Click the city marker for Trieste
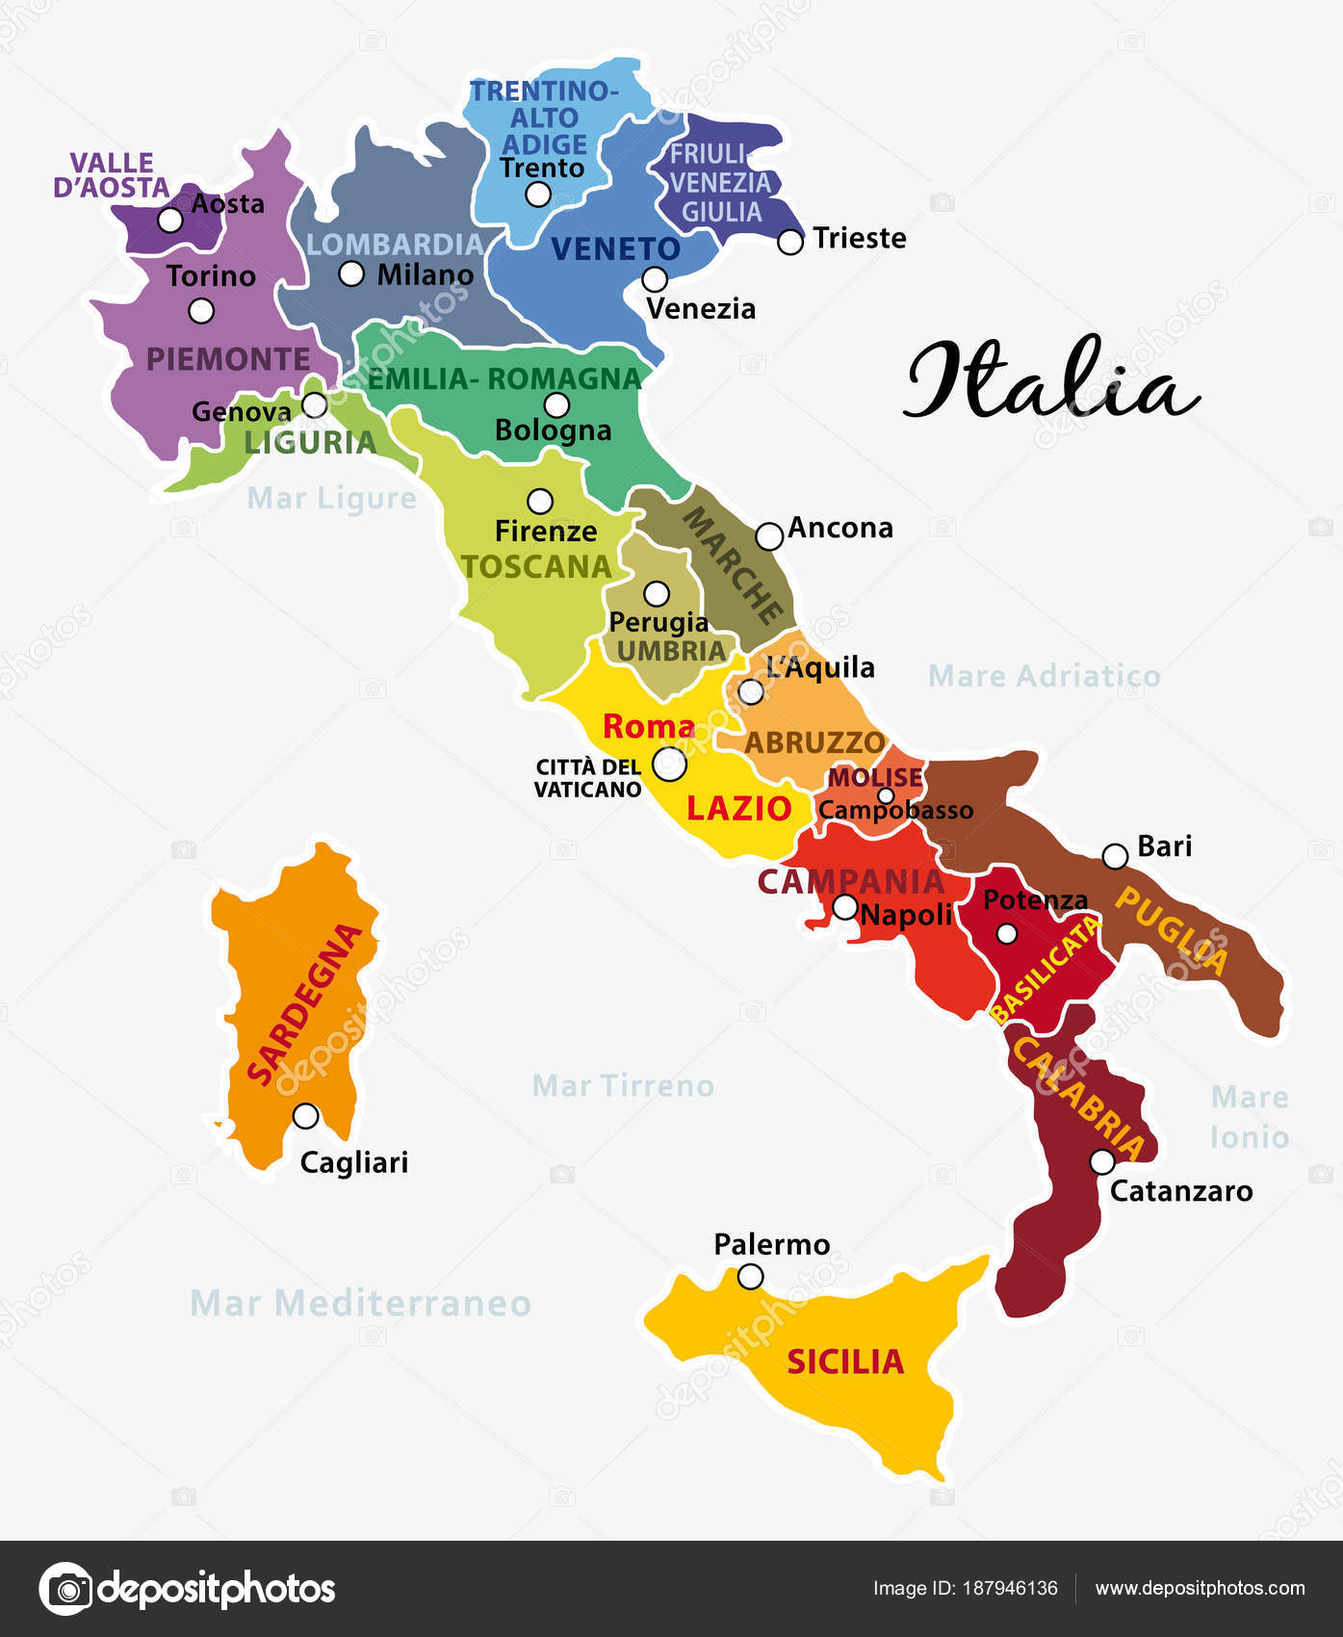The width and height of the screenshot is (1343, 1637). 789,242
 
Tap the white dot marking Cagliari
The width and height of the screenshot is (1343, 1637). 305,1116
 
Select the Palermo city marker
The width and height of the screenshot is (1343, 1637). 750,1277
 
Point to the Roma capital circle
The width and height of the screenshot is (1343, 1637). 669,765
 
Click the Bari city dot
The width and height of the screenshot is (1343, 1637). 1114,856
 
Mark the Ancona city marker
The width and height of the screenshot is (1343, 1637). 768,536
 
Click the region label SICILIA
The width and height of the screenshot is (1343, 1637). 845,1362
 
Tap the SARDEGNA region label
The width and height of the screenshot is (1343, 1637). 304,1003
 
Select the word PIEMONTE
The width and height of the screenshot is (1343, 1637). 228,359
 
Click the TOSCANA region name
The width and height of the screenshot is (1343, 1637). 536,566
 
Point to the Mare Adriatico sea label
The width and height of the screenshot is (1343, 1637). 1044,676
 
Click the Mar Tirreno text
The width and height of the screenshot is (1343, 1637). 623,1086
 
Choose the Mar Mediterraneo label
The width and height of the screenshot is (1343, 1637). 361,1303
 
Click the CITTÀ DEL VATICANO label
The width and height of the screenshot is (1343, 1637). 588,778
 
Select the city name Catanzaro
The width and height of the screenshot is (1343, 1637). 1181,1191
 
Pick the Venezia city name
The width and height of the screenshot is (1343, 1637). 701,309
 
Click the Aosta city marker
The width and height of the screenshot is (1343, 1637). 170,220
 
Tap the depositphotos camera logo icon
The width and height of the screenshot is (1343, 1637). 65,1588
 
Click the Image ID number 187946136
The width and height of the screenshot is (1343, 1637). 1010,1589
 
